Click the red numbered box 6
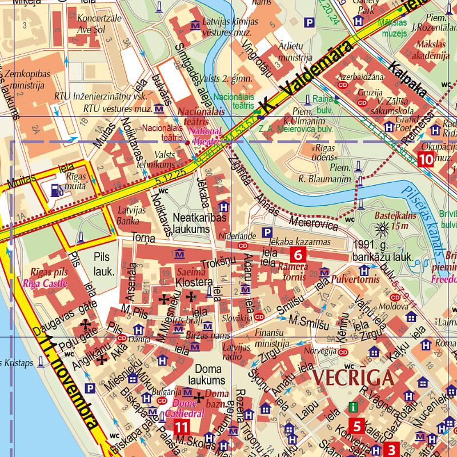point(299,254)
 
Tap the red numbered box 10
point(426,159)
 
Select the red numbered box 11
point(182,427)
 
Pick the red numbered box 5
point(356,426)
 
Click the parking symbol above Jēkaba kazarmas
point(266,232)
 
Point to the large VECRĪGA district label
point(352,378)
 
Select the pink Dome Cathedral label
point(188,409)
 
